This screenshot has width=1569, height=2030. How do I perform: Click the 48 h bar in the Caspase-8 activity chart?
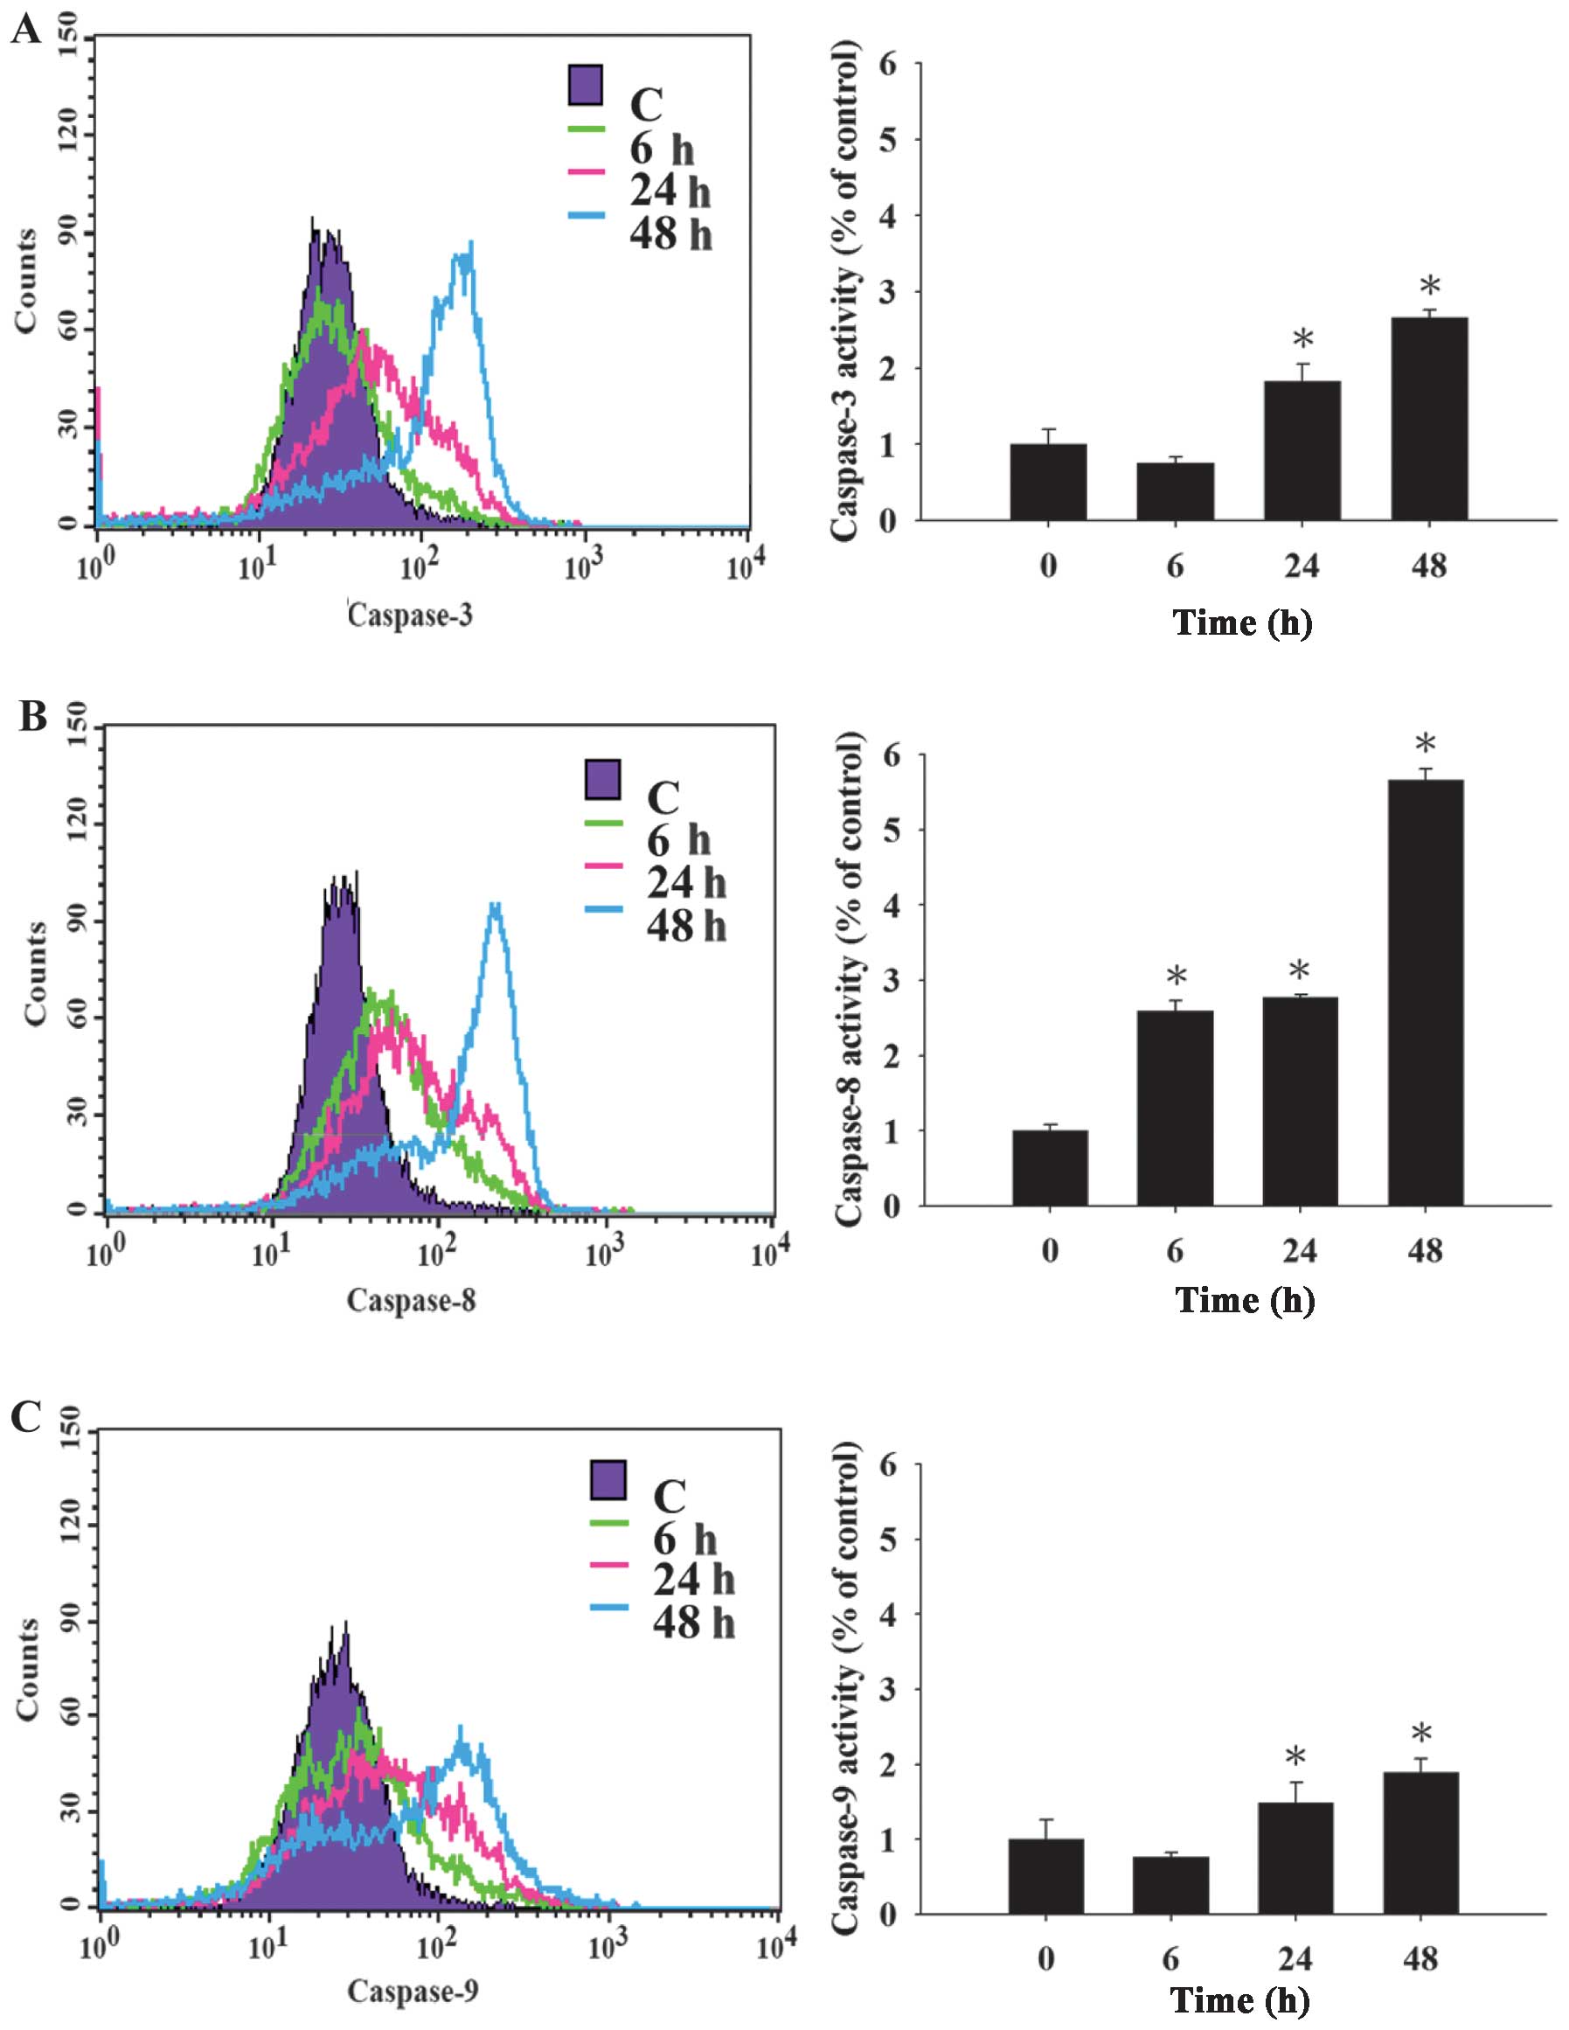(1425, 992)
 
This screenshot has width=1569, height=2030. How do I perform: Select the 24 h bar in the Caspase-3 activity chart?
(1302, 451)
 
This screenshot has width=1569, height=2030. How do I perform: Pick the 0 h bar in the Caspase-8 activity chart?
(1050, 1168)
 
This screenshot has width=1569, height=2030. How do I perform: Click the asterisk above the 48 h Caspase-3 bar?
(1429, 286)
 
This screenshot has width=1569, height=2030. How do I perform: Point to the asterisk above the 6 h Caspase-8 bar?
(1176, 977)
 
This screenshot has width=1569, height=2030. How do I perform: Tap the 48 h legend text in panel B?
(686, 926)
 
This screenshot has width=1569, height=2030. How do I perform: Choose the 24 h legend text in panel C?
(693, 1579)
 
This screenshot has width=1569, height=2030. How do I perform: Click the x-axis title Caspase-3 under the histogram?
(410, 615)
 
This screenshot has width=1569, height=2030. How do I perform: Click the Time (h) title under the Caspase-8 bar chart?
(1245, 1299)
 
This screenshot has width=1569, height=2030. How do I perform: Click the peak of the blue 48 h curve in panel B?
(496, 904)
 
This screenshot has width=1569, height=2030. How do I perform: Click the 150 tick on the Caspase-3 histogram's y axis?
(68, 39)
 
